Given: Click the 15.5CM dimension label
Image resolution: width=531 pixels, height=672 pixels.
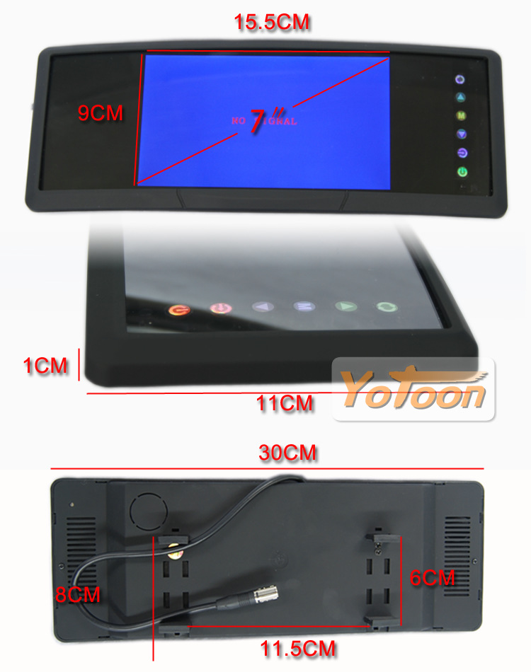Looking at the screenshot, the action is point(271,23).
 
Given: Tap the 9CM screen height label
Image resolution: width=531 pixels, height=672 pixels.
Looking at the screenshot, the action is point(101,113).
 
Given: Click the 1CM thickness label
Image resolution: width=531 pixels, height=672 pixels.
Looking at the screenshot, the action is point(45,366).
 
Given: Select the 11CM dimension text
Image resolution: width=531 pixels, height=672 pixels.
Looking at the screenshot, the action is point(285,403).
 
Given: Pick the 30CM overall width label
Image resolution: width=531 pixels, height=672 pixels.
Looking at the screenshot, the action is point(287,453).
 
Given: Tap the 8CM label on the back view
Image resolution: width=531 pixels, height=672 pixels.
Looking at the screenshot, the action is point(78,595).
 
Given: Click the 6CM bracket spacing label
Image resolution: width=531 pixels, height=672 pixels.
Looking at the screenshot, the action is point(432,578).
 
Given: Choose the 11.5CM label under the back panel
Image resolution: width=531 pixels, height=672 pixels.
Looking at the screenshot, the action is point(298,649).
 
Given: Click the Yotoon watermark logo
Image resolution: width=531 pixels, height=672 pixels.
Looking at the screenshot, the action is point(413,389).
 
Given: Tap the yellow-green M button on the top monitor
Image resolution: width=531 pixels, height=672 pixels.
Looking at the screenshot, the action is point(461,116).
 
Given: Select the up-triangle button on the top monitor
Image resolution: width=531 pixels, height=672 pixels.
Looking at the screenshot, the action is point(461,98).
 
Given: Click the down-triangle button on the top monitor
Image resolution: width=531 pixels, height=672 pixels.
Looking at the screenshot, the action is point(462,134).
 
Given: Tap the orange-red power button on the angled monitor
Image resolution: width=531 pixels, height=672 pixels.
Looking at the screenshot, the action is point(180,310).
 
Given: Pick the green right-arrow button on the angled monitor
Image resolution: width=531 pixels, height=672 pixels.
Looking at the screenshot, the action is point(346,306).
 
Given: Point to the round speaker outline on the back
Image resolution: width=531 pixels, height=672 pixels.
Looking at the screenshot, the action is point(149,511).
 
